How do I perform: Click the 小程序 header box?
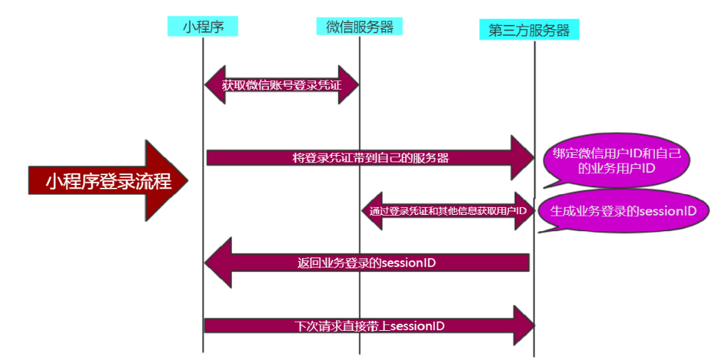202,27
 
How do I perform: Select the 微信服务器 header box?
359,26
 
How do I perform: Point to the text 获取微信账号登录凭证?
281,85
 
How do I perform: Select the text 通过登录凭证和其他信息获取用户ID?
448,211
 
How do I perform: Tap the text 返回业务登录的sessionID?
367,263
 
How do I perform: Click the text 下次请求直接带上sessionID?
369,326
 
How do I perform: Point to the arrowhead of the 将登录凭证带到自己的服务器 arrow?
522,157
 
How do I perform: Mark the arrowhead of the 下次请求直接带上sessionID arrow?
523,325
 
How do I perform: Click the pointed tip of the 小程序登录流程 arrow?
189,181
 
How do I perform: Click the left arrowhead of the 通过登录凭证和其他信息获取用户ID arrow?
371,211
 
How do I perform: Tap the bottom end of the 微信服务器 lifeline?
359,353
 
